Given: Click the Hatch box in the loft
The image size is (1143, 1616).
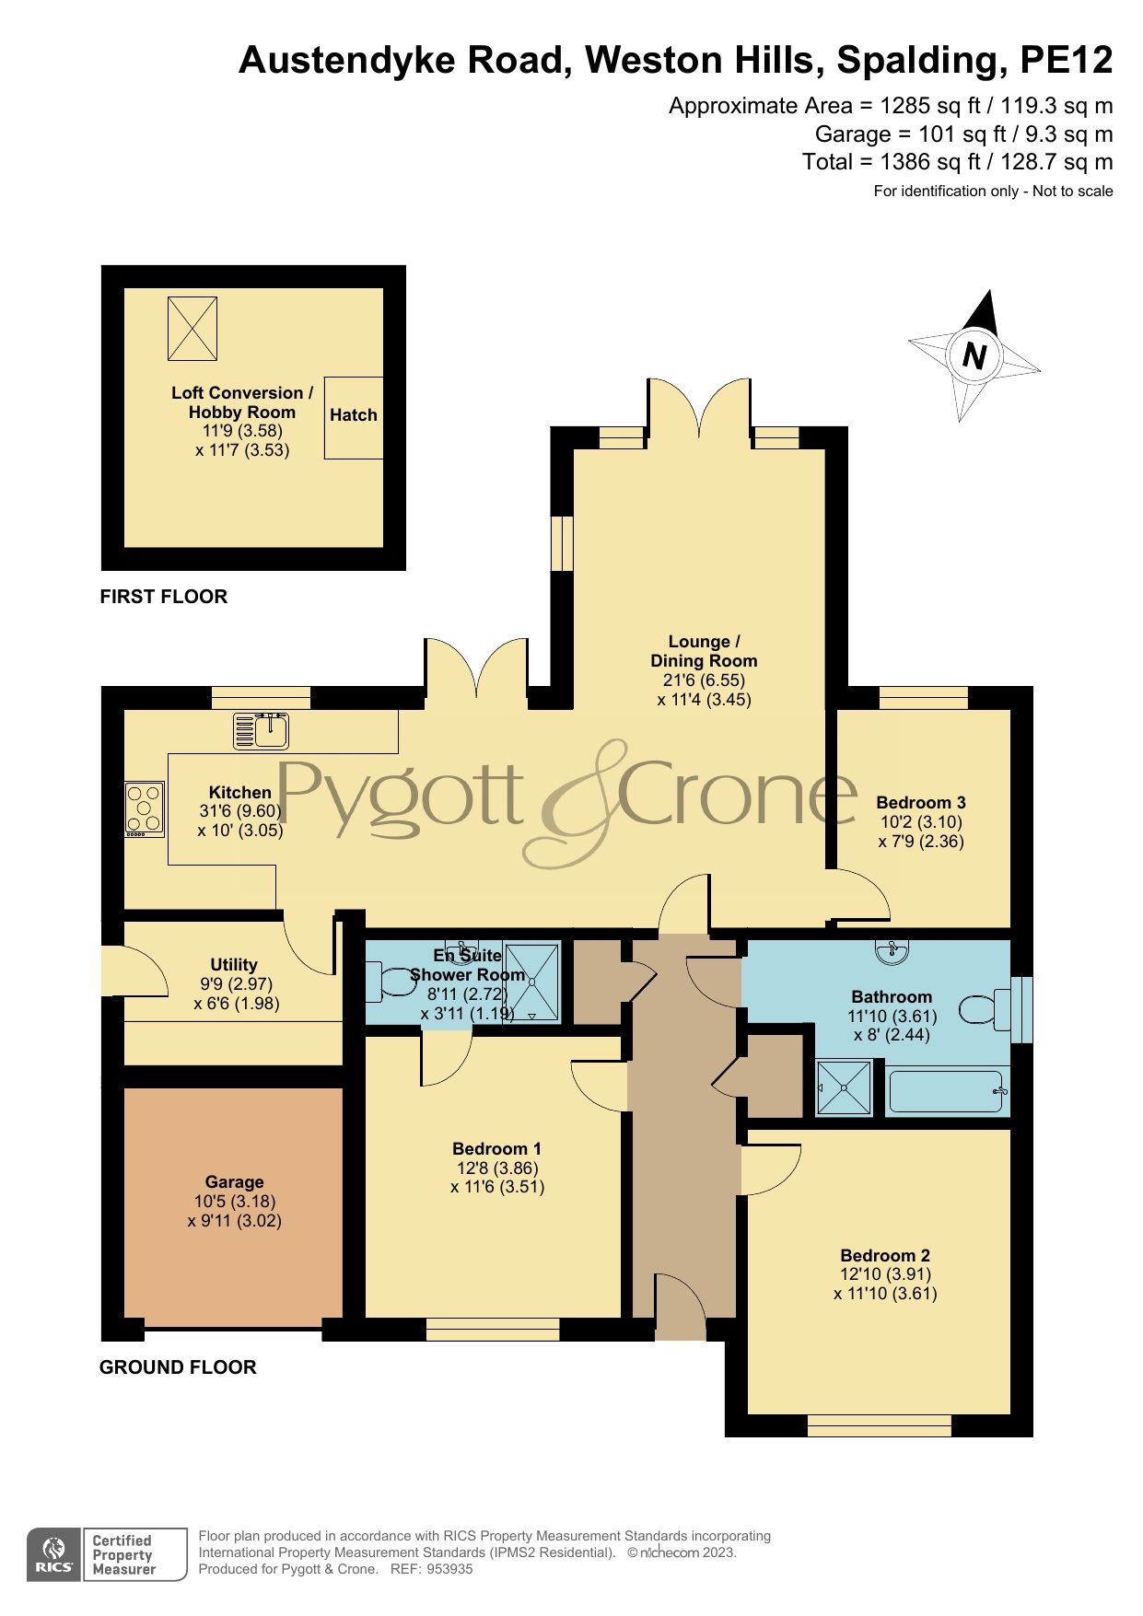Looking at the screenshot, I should coord(354,417).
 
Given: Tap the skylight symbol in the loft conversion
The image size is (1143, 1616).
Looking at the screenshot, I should coord(192,328).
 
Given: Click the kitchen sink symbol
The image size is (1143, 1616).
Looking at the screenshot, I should coord(261,730).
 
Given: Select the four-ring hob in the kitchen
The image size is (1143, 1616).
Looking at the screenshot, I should coord(145,808).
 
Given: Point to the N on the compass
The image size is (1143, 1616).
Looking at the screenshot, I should coord(974,355).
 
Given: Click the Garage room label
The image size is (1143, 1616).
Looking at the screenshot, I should coord(234,1181).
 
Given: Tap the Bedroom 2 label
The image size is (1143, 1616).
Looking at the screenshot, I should coord(885,1255).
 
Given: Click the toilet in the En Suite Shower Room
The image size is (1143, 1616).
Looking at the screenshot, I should coord(391,982).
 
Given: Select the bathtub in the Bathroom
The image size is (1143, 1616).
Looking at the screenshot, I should coord(947,1091).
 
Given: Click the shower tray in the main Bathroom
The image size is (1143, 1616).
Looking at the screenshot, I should coord(845,1087).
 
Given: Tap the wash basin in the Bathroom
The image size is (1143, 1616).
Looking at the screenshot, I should coord(891,953).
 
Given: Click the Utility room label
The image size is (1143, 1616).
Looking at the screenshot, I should coord(234,964).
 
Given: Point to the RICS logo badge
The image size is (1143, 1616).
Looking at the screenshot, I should coord(56,1554).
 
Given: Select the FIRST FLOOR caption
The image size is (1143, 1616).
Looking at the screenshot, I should coord(163,597).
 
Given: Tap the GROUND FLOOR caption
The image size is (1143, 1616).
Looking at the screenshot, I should coord(178,1367).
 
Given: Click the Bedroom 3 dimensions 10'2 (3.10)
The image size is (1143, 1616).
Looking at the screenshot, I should coord(921,822).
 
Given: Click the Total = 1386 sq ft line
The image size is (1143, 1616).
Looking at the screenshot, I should coord(957,162).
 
